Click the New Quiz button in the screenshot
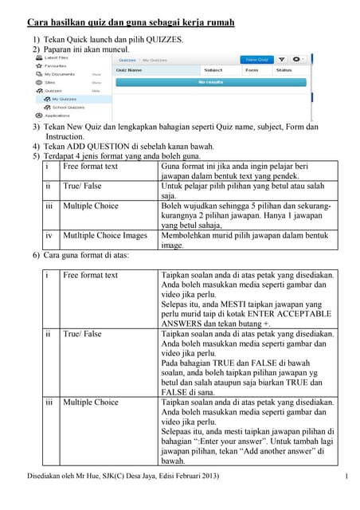(x=256, y=59)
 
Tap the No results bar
(x=211, y=81)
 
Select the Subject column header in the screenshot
(x=213, y=70)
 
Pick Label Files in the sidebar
(x=56, y=58)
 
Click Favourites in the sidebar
(x=56, y=66)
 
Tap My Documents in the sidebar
(x=59, y=74)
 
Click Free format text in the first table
(x=90, y=167)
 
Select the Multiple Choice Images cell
(x=105, y=236)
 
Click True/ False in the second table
(x=82, y=334)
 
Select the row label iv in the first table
(x=49, y=236)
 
